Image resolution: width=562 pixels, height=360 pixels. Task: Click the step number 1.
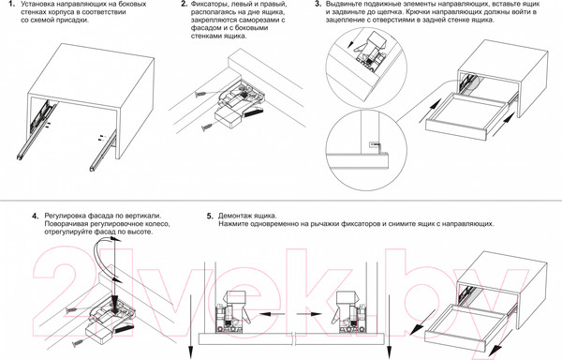10,5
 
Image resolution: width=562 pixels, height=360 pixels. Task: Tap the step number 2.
184,5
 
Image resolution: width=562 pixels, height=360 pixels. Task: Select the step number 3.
318,5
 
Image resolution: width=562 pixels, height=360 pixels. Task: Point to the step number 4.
35,217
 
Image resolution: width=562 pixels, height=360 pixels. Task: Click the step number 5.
210,217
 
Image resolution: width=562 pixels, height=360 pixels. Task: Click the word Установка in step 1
37,5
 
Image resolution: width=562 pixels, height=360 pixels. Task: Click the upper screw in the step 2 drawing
200,95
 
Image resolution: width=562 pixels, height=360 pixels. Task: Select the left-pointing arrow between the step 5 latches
272,314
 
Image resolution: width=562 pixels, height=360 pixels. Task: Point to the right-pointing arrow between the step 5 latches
309,314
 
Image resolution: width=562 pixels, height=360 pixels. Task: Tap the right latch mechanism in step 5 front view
349,312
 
